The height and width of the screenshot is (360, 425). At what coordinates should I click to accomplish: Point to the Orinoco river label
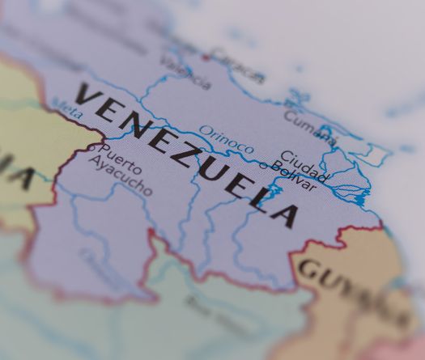[226, 139]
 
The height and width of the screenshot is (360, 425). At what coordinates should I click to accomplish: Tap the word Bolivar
[293, 176]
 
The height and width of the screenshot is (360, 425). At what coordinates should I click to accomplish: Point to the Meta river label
[66, 108]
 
